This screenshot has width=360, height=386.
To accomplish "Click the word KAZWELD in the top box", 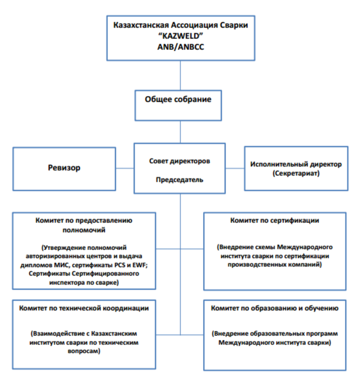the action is coord(181,36).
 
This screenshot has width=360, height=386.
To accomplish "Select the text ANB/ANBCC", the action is coord(181,47).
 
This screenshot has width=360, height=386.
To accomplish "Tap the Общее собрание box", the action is coord(178,105).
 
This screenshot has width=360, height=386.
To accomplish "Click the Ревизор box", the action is coord(64,169).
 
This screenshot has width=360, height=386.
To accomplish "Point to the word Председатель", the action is coord(180,180).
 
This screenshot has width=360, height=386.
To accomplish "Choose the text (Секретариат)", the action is coord(296,173).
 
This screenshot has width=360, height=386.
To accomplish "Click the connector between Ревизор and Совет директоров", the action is coord(125,168).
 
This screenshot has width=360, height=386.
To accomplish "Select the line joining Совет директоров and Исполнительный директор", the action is coord(235,168).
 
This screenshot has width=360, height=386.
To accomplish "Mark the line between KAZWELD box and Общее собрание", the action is coord(180,75).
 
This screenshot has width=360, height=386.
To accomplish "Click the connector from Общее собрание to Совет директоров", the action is coord(180,132).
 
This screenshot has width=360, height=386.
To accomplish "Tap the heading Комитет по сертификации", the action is coord(275,220).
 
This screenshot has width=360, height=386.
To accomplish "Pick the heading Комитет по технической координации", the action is coord(84,308).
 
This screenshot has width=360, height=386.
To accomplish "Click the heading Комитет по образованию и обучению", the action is coord(275,308).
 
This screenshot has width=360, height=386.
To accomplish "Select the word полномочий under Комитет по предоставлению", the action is coord(84,230).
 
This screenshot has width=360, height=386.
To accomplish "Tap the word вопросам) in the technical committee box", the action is coord(84,351).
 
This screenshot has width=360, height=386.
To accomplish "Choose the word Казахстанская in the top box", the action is coord(141,25).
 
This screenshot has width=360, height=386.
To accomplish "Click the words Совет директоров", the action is coord(180,161).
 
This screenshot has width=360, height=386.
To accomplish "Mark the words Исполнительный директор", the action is coord(296,164).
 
